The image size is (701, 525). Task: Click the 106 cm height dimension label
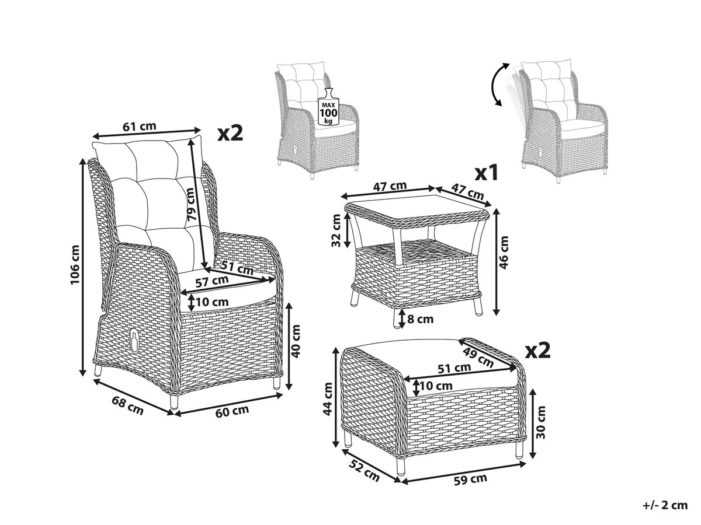pos(75,265)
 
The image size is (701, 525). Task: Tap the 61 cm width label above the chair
pos(140,126)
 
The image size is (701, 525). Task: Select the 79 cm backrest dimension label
pos(190,204)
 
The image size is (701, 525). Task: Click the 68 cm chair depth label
pos(127,405)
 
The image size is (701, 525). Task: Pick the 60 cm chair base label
pos(232,411)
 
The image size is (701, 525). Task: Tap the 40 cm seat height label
pos(296,341)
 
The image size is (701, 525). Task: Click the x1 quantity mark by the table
pos(487,174)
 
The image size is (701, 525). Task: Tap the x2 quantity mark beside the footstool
pos(539,351)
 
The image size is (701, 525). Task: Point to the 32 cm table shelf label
pos(336,230)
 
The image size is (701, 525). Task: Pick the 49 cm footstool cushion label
pos(478,358)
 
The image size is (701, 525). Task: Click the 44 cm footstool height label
pos(328,399)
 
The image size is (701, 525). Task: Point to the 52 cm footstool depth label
pos(364,471)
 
